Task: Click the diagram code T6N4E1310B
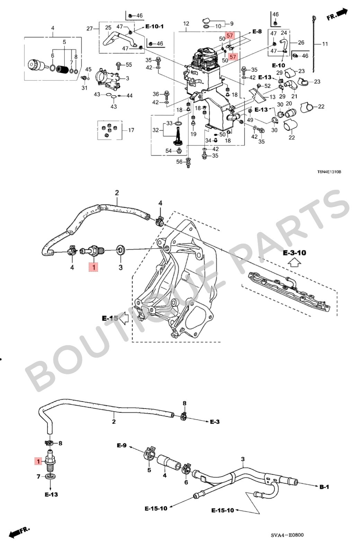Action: pos(329,172)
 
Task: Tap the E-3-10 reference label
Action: pos(294,253)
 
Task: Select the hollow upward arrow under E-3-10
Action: pos(294,263)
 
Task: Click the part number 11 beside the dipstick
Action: pos(325,44)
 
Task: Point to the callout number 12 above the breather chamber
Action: pos(186,24)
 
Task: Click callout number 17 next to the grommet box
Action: pos(131,130)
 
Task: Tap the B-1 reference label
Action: pos(324,487)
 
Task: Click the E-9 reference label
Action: pos(121,445)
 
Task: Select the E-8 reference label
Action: pos(257,32)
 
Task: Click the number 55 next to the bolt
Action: pos(129,65)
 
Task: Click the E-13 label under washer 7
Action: pos(51,494)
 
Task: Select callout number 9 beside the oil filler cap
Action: pos(232,24)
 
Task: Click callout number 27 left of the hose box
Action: pos(90,28)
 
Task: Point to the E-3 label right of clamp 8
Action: pos(215,422)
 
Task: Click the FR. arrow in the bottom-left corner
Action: pos(19,532)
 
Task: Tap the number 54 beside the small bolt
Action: pos(169,151)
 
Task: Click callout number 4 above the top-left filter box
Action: pos(53,28)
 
